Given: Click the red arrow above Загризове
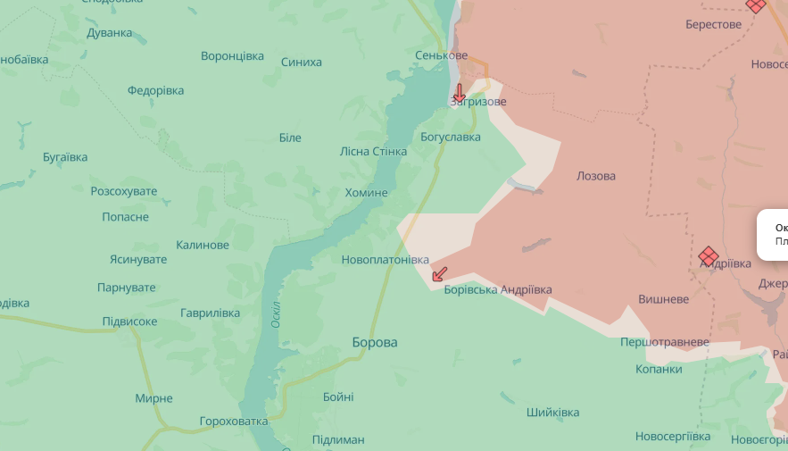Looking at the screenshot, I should (x=459, y=92).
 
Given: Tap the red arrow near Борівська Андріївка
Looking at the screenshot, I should (x=439, y=273).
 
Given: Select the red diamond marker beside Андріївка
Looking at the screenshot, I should (x=709, y=256).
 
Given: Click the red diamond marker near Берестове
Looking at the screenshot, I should (x=756, y=5).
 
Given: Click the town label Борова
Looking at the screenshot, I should (x=375, y=342).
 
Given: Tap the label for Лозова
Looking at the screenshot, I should (x=596, y=176).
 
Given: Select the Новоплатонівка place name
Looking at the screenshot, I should (x=385, y=259).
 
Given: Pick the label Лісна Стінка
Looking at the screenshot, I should (x=373, y=151).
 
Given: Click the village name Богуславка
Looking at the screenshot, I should (x=451, y=137).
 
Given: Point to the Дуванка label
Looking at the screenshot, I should (x=110, y=33).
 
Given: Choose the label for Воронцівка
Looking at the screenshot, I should (x=232, y=55).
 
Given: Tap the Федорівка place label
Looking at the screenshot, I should (x=155, y=90).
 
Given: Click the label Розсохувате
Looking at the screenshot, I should (x=123, y=191).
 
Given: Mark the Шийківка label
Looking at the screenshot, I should (x=552, y=412).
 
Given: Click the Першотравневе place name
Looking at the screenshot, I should (x=665, y=342).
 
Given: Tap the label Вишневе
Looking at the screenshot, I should (x=663, y=299).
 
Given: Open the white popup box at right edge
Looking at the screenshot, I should (x=773, y=234).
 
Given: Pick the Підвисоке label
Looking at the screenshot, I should (x=129, y=321).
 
